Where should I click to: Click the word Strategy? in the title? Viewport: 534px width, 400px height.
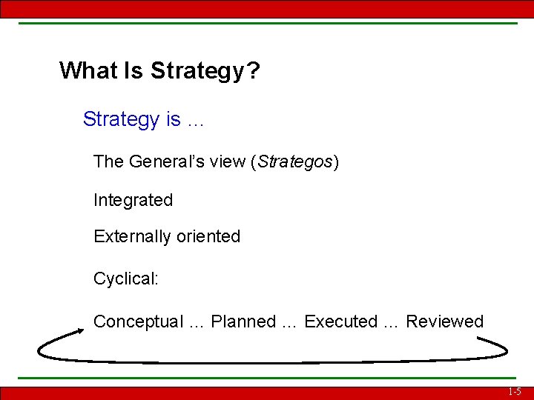coord(205,72)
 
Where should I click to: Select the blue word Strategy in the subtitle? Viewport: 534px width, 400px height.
coord(121,120)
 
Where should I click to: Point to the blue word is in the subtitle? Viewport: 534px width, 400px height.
coord(173,119)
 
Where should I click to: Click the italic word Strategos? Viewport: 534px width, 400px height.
coord(294,162)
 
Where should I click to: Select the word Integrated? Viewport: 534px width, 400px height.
coord(133,200)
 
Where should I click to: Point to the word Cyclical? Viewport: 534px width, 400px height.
coord(125,279)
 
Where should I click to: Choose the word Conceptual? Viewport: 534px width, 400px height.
coord(138,322)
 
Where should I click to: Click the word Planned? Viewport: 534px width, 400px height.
coord(243,322)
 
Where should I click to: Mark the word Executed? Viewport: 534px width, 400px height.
coord(340,322)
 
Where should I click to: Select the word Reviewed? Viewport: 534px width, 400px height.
coord(444,322)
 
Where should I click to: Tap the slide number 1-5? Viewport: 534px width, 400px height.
coord(515,392)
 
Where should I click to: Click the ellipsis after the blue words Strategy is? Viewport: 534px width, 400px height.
coord(195,120)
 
